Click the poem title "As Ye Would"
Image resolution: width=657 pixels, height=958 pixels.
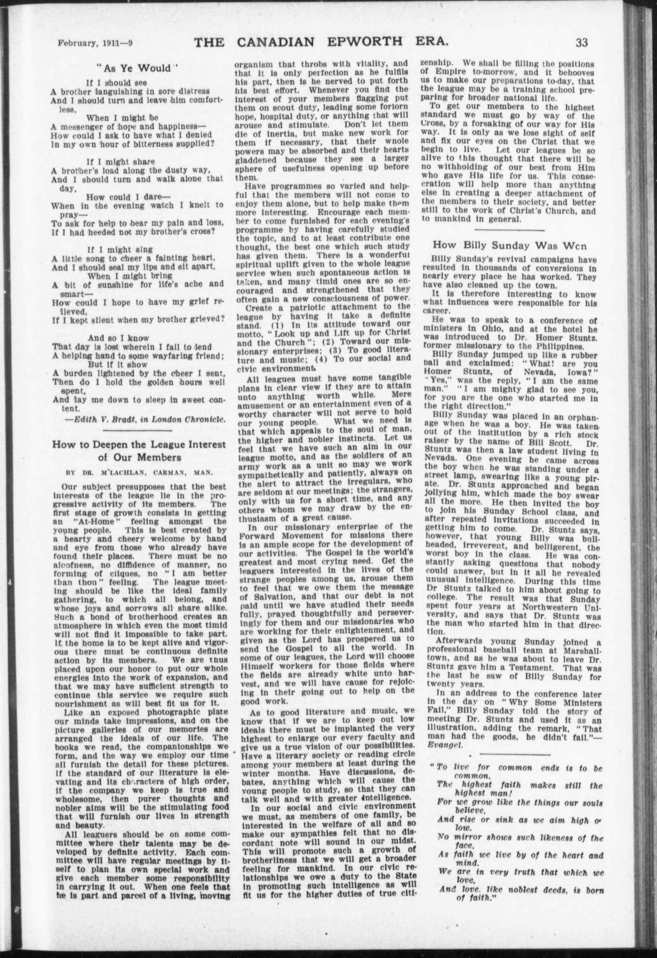tap(136, 67)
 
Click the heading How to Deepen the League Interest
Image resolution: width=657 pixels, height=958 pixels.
tap(139, 445)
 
